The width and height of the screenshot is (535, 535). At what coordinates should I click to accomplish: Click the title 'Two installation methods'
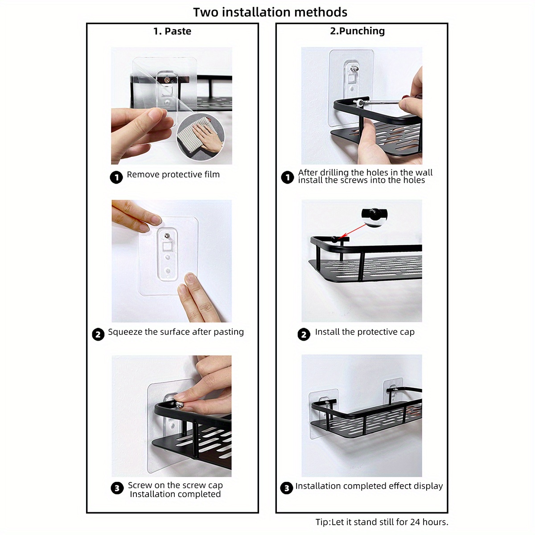pyautogui.click(x=270, y=12)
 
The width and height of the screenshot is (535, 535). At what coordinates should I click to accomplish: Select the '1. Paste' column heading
pyautogui.click(x=172, y=31)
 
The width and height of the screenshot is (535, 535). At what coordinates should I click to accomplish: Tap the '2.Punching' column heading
pyautogui.click(x=357, y=31)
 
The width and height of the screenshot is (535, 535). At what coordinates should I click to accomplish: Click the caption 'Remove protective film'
pyautogui.click(x=173, y=175)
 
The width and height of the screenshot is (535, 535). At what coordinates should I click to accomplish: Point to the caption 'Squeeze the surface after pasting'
pyautogui.click(x=176, y=332)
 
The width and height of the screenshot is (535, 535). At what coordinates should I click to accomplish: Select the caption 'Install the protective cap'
pyautogui.click(x=364, y=332)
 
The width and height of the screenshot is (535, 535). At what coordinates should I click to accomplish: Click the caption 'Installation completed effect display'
pyautogui.click(x=369, y=486)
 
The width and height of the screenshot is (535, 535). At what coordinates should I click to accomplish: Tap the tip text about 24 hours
pyautogui.click(x=382, y=522)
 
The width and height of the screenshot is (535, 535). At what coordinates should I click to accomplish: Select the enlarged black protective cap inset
pyautogui.click(x=374, y=216)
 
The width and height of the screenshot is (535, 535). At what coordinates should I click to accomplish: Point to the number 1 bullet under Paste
pyautogui.click(x=116, y=177)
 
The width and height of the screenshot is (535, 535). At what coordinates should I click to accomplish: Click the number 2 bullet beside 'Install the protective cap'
pyautogui.click(x=304, y=334)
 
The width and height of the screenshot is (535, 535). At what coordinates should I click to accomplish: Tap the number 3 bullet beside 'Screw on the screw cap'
pyautogui.click(x=117, y=488)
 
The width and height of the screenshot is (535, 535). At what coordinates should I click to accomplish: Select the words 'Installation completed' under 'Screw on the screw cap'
pyautogui.click(x=175, y=494)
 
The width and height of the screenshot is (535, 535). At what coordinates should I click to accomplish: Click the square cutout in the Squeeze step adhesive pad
pyautogui.click(x=168, y=247)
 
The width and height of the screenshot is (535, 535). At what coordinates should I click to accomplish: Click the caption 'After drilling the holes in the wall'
pyautogui.click(x=365, y=173)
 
